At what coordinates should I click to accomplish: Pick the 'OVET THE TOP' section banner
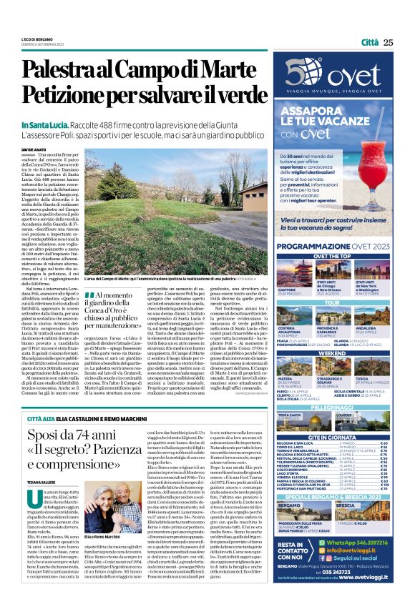click(x=336, y=255)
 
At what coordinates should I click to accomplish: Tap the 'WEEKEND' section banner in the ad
click(x=336, y=353)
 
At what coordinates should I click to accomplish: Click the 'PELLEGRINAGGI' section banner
click(x=336, y=406)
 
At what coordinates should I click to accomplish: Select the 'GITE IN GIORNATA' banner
click(x=336, y=436)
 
